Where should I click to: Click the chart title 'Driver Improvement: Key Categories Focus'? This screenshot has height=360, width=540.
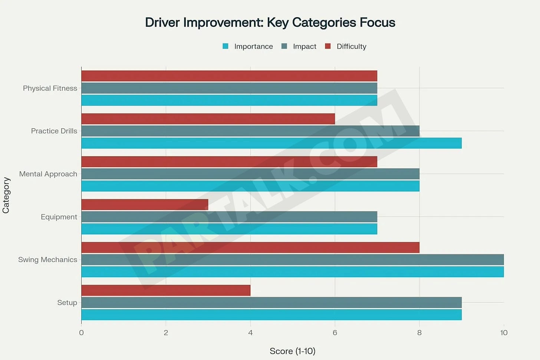[x=270, y=23]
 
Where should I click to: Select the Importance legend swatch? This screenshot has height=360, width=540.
[x=225, y=46]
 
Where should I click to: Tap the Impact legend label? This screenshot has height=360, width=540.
[x=304, y=46]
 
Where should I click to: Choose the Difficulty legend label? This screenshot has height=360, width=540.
[x=351, y=46]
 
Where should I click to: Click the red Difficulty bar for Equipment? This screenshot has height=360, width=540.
[x=145, y=205]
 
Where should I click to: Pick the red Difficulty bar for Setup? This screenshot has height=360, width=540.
[x=166, y=290]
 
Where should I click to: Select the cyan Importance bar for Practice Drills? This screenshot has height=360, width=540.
[x=271, y=143]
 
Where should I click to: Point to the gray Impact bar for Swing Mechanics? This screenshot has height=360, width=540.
[x=292, y=260]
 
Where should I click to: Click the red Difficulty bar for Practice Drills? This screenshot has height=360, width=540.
[x=208, y=119]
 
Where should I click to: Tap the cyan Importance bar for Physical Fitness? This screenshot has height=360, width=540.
[x=229, y=100]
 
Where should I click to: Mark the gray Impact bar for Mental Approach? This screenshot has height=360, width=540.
[x=250, y=174]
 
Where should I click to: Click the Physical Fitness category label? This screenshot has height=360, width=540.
[x=50, y=88]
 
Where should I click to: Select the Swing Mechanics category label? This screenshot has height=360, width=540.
[x=47, y=260]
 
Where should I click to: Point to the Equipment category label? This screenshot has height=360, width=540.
[x=59, y=217]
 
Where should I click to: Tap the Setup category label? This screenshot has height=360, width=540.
[x=67, y=303]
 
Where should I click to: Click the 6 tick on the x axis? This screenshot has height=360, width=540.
[x=335, y=333]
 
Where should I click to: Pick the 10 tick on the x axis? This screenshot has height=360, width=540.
[x=504, y=333]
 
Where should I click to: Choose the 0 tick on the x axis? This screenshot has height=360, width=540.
[x=82, y=333]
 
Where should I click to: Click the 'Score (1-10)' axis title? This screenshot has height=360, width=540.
[x=292, y=351]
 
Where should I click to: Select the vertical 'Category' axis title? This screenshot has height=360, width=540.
[x=6, y=195]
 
